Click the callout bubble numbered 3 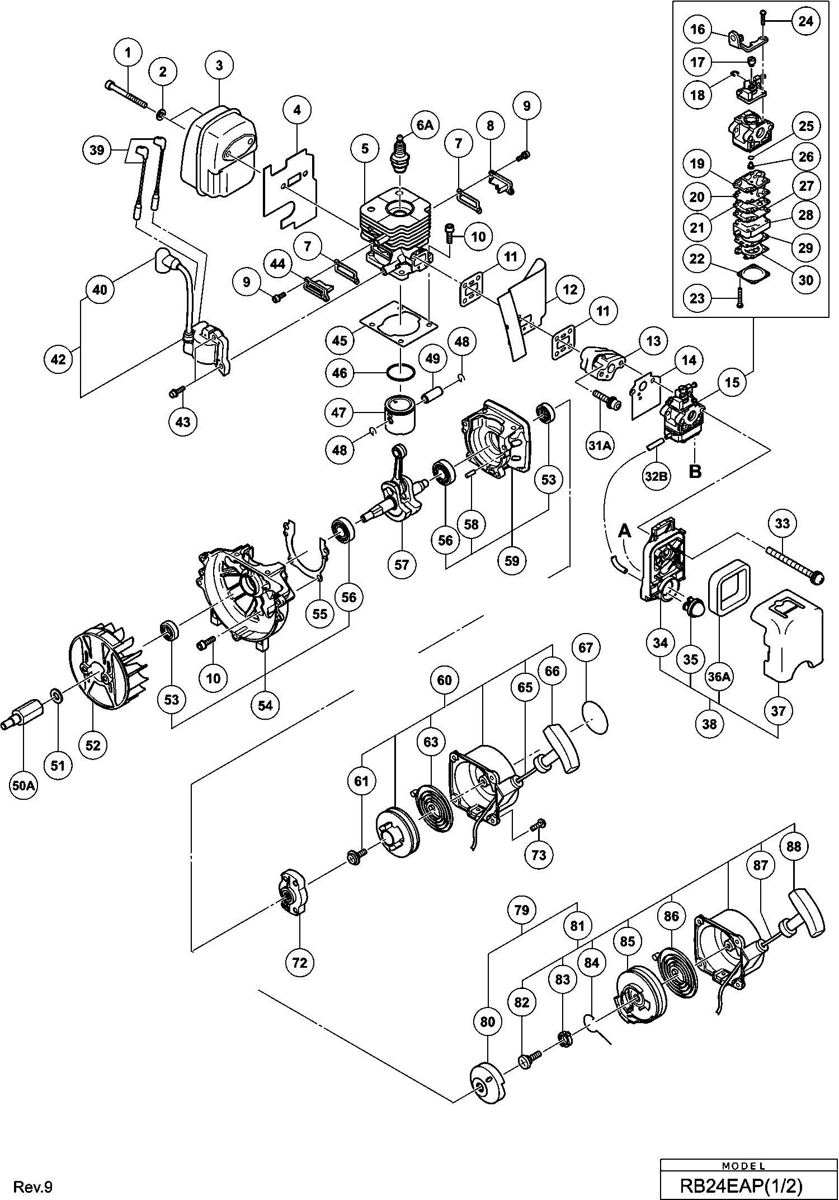pyautogui.click(x=219, y=65)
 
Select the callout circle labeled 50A pyautogui.click(x=24, y=786)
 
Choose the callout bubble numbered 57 pyautogui.click(x=402, y=564)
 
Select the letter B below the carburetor pyautogui.click(x=695, y=471)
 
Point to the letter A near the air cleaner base pyautogui.click(x=624, y=530)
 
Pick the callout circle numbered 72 pyautogui.click(x=300, y=962)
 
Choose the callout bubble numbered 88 pyautogui.click(x=794, y=847)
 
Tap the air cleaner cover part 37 pyautogui.click(x=789, y=638)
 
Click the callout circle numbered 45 pyautogui.click(x=340, y=340)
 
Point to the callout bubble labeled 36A pyautogui.click(x=719, y=677)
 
